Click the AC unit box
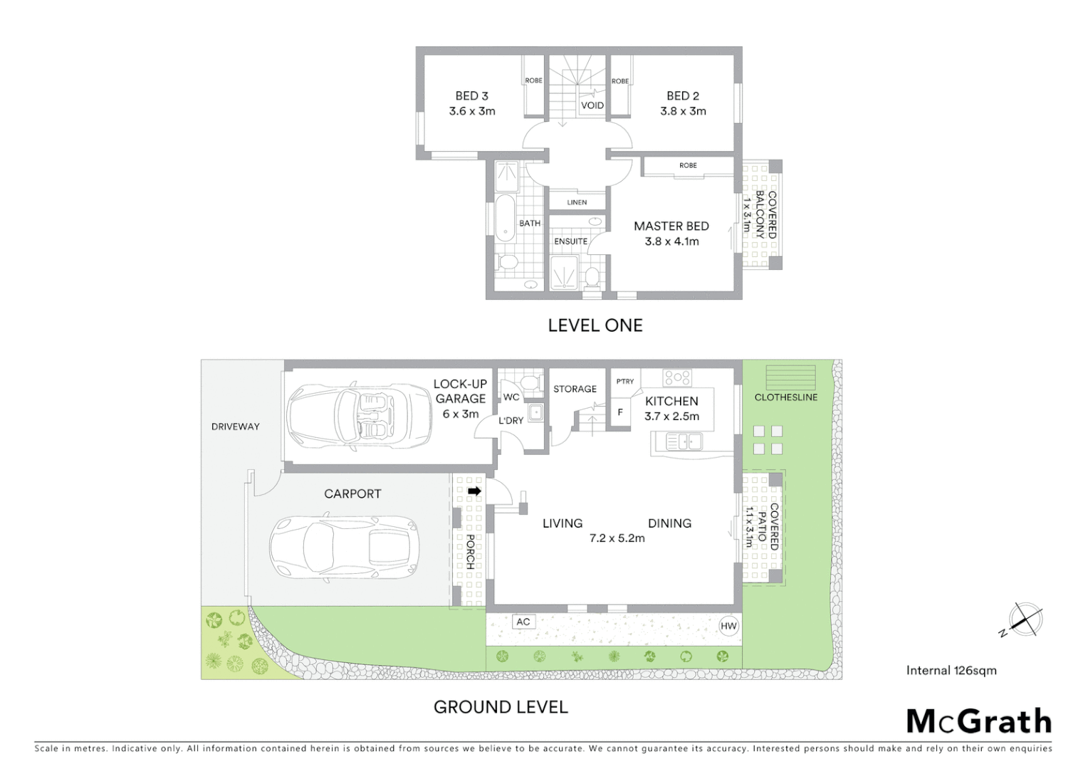pyautogui.click(x=523, y=622)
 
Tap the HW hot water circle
pyautogui.click(x=728, y=627)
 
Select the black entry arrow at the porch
pyautogui.click(x=474, y=491)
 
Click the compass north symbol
pyautogui.click(x=1026, y=619)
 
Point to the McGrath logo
pyautogui.click(x=978, y=721)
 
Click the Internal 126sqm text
pyautogui.click(x=951, y=670)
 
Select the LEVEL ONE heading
pyautogui.click(x=595, y=325)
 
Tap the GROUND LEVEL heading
pyautogui.click(x=501, y=707)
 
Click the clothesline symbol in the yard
pyautogui.click(x=790, y=377)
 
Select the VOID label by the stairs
pyautogui.click(x=592, y=105)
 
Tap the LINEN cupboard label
pyautogui.click(x=577, y=202)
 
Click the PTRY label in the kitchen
pyautogui.click(x=625, y=382)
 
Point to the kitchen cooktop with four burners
pyautogui.click(x=676, y=377)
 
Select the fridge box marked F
pyautogui.click(x=620, y=412)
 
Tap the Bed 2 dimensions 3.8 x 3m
pyautogui.click(x=683, y=111)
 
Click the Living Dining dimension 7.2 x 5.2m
pyautogui.click(x=617, y=538)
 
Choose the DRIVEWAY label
pyautogui.click(x=235, y=427)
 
